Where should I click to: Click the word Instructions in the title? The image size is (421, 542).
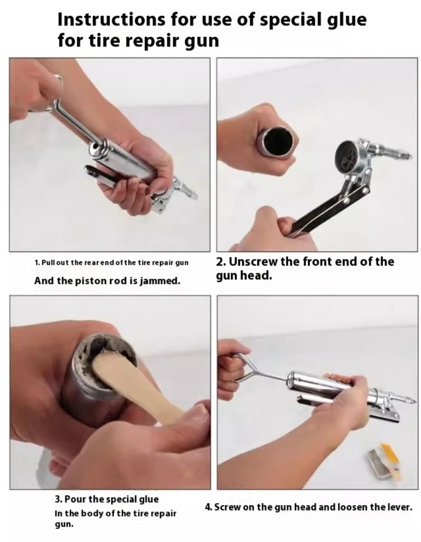(111, 19)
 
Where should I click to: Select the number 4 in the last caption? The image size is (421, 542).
(208, 507)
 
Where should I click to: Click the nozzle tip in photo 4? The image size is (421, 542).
(411, 401)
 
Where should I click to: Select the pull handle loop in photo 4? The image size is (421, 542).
(242, 369)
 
